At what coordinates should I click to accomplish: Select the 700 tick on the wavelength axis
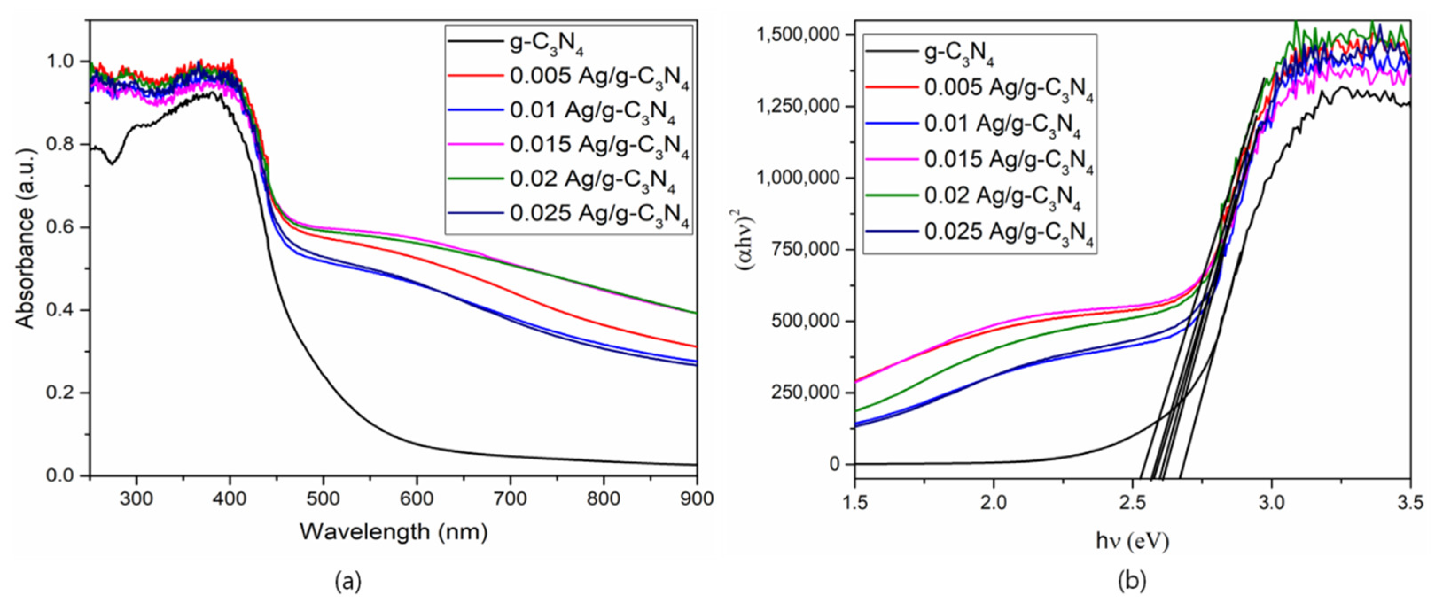(x=510, y=498)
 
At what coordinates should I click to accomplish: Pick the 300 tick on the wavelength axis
(x=136, y=498)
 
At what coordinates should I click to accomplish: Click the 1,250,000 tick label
(x=797, y=106)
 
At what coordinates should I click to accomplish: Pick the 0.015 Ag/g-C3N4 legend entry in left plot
(x=599, y=145)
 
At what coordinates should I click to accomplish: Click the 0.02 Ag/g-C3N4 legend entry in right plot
(x=1002, y=196)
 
